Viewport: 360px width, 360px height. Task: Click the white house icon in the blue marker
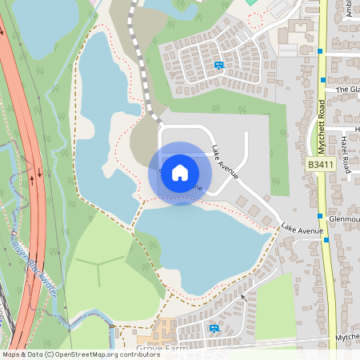(180, 172)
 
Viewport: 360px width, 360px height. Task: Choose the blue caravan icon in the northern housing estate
(219, 66)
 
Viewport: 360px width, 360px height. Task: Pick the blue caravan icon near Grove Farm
(214, 328)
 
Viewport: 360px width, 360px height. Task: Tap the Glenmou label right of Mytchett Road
(344, 218)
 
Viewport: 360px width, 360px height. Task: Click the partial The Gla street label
(348, 90)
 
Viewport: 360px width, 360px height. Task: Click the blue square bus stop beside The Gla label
(322, 80)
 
